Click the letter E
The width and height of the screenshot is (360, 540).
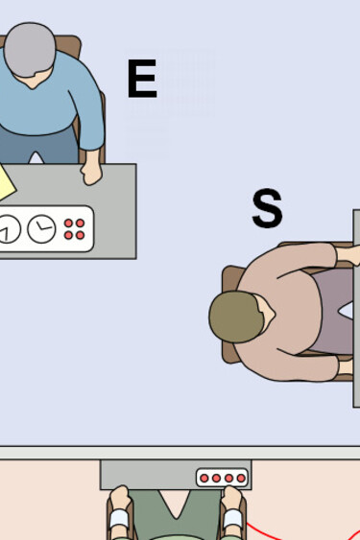pyautogui.click(x=141, y=79)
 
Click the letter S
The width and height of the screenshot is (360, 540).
pyautogui.click(x=267, y=208)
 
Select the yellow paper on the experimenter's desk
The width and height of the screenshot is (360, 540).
pyautogui.click(x=5, y=183)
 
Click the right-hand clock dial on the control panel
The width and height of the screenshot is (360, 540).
pyautogui.click(x=41, y=228)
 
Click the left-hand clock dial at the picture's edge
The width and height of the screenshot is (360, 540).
pyautogui.click(x=8, y=229)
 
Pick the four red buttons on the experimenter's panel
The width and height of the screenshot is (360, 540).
pyautogui.click(x=74, y=228)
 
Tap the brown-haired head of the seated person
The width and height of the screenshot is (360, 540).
pyautogui.click(x=236, y=317)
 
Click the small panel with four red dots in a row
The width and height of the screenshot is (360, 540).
pyautogui.click(x=223, y=478)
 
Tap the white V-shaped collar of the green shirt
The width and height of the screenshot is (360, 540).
pyautogui.click(x=175, y=504)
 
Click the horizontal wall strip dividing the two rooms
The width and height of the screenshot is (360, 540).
pyautogui.click(x=180, y=452)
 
